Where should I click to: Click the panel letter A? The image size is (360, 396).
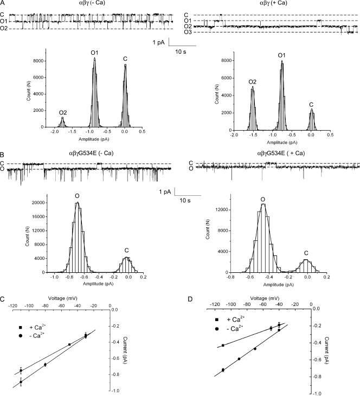4,4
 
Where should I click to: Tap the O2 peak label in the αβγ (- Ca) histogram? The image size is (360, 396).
63,112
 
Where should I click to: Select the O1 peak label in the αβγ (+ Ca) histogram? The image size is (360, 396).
282,55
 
